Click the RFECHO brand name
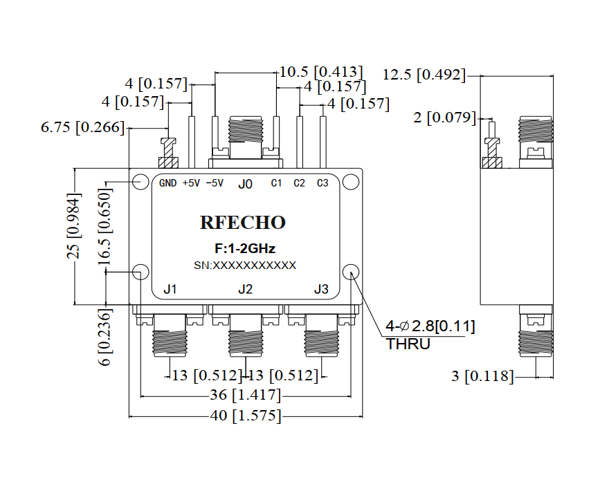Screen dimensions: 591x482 (243, 223)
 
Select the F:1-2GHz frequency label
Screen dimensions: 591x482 (245, 248)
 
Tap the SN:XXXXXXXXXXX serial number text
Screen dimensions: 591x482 (245, 266)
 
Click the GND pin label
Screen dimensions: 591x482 (167, 183)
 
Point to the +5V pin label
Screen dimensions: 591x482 (191, 183)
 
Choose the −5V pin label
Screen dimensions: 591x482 (215, 183)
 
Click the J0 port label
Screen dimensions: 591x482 (246, 184)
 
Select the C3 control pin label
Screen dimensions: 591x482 (322, 183)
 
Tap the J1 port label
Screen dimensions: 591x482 (170, 289)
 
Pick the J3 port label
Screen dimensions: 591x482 (322, 289)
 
